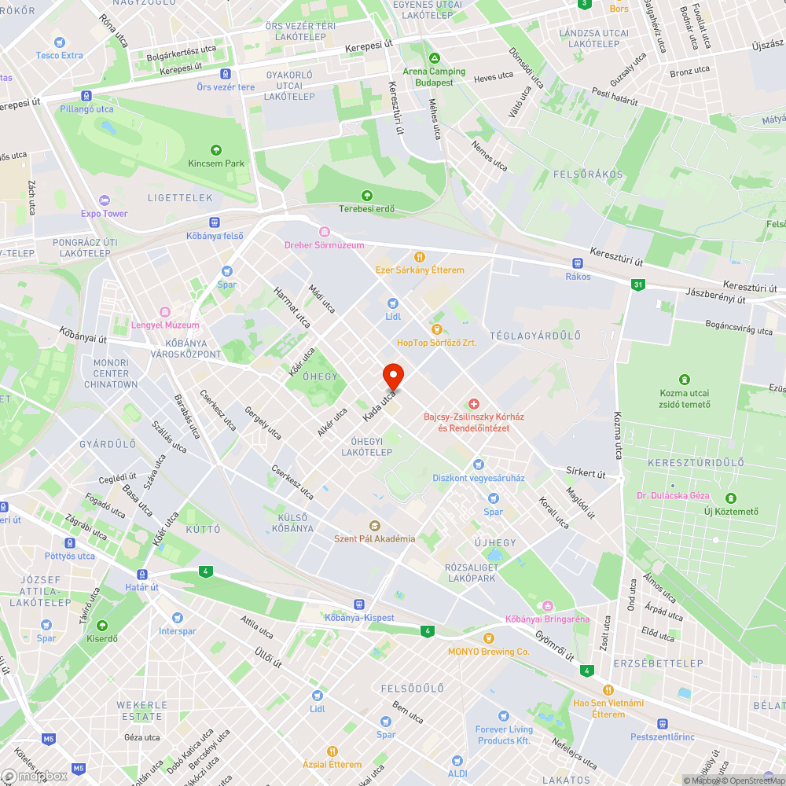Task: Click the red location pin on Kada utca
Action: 393,376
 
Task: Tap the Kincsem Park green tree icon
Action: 216,149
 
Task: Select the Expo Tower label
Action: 104,214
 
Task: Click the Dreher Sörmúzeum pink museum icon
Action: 324,231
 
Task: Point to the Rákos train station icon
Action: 578,263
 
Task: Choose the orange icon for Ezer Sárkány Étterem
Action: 420,256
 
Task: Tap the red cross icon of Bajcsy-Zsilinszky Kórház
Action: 474,403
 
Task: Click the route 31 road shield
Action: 637,285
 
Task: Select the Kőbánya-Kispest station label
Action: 359,618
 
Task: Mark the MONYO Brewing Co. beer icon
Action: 489,637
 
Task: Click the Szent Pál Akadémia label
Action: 374,538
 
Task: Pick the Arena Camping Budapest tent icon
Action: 434,58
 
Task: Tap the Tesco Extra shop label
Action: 59,56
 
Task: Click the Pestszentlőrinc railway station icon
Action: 662,723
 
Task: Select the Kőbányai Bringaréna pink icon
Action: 547,605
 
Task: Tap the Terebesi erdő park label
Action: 366,209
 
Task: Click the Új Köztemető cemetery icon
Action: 731,498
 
